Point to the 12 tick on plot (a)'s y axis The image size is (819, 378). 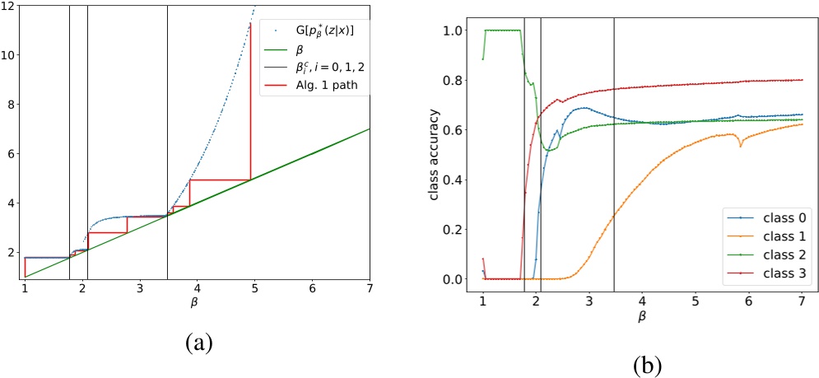coord(11,6)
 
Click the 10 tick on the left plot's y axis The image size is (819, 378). coord(11,55)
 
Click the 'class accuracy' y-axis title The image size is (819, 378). coord(436,154)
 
